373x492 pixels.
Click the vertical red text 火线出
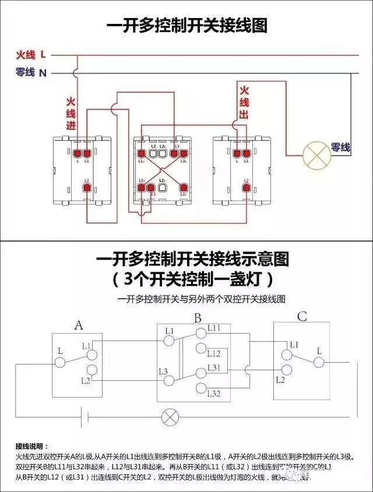tap(244, 102)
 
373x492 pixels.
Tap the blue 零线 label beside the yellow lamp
tap(341, 148)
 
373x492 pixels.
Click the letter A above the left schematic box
tap(79, 325)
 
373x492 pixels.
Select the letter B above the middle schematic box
tap(198, 318)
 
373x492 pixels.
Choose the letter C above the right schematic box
tap(302, 317)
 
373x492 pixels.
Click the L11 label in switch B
tap(214, 328)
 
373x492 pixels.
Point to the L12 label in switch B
tap(214, 353)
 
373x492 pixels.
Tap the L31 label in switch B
tap(214, 367)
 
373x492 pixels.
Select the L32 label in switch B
tap(214, 394)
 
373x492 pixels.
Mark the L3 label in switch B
tap(163, 371)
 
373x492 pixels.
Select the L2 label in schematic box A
tap(85, 380)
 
